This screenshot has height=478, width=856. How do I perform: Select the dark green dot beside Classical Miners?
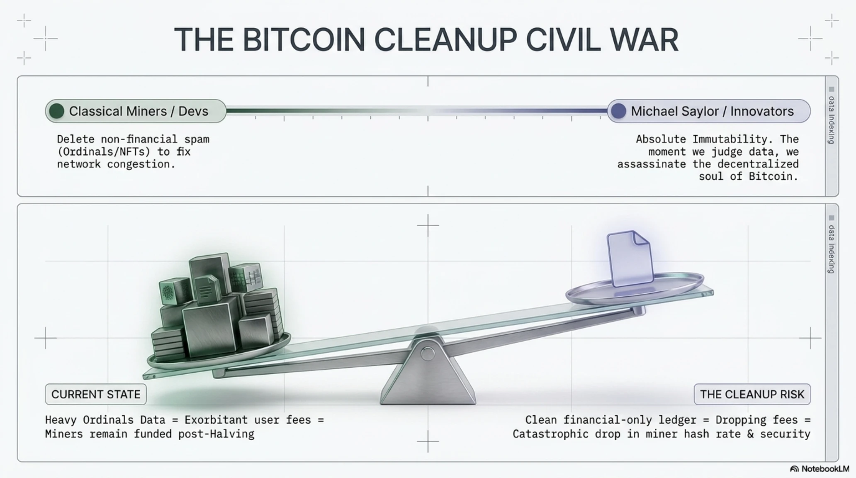click(56, 111)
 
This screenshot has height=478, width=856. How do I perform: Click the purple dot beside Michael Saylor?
click(618, 111)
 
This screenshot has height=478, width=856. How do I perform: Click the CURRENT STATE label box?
click(96, 394)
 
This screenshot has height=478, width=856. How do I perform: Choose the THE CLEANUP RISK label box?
click(752, 394)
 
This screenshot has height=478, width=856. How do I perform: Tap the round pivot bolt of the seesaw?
click(428, 354)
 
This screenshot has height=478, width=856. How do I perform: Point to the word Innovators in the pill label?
click(762, 111)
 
